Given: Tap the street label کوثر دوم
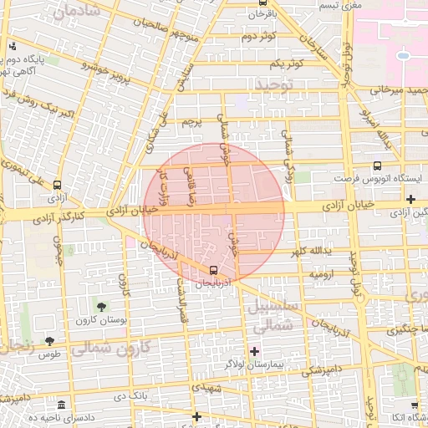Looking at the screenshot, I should (260, 37).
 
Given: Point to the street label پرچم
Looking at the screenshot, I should (193, 122).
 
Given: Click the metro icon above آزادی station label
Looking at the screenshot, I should (57, 185).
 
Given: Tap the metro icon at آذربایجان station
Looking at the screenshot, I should (215, 270).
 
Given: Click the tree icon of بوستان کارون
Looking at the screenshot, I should (102, 308).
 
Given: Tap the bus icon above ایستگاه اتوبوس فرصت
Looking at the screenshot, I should (377, 166).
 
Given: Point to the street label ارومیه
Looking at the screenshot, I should (324, 274).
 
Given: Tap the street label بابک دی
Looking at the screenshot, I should (130, 393).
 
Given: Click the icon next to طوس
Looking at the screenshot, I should (49, 341).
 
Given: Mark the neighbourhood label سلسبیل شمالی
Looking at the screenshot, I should (269, 317).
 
